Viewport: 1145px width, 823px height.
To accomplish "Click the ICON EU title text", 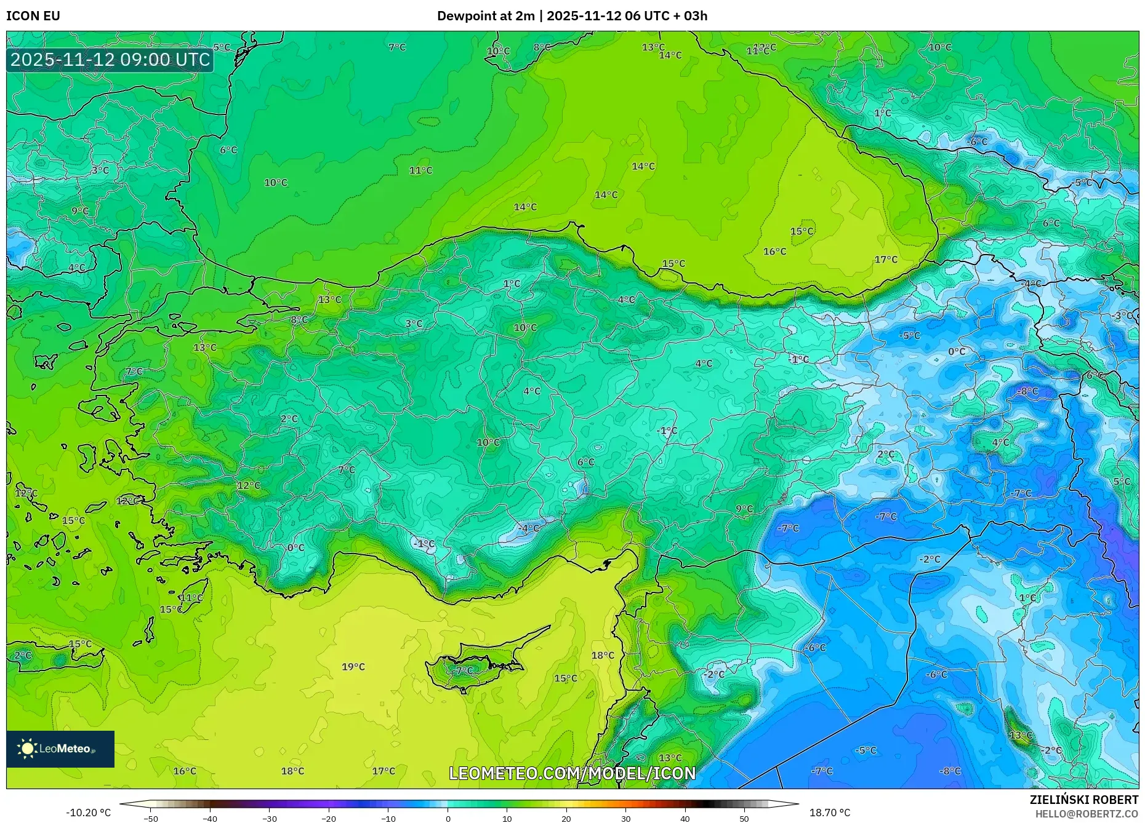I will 33,16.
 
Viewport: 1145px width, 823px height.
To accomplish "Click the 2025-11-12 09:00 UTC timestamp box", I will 110,60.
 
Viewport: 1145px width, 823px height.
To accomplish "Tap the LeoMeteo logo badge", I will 60,749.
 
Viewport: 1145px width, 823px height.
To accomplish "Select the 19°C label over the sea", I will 353,667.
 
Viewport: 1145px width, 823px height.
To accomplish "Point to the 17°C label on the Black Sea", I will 886,260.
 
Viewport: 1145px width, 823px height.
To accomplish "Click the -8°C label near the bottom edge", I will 949,771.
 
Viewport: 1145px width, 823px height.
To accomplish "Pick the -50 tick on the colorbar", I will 151,819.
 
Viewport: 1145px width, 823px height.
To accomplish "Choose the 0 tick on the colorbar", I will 448,819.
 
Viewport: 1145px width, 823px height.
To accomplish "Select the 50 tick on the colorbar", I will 744,819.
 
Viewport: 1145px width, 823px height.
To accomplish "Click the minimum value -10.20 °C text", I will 89,813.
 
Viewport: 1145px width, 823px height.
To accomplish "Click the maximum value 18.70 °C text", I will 829,813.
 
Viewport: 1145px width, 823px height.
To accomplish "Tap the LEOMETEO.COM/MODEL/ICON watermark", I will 572,773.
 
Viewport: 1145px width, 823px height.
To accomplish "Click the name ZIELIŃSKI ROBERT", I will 1083,800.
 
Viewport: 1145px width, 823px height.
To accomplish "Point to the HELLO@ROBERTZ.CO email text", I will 1087,814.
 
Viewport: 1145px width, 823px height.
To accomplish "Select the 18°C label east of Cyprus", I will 603,656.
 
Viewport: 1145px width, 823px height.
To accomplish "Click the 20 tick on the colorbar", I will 566,819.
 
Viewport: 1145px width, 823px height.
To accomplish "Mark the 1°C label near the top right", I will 882,113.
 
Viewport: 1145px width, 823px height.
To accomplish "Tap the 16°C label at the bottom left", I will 185,771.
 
